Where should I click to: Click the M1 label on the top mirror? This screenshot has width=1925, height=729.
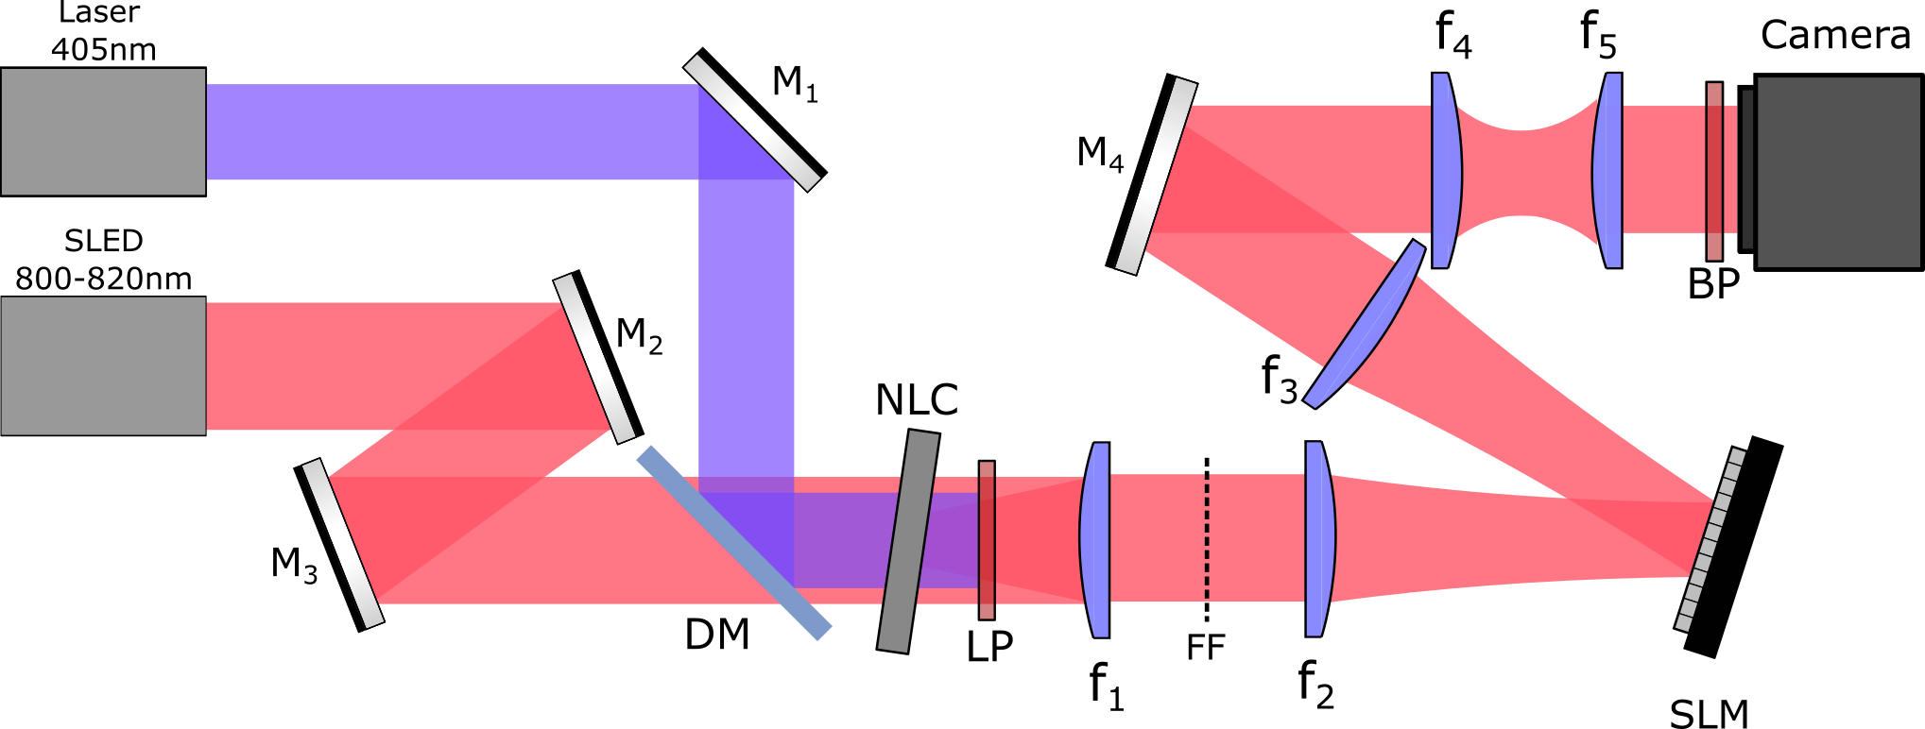794,84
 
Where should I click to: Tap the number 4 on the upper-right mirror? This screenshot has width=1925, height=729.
1116,164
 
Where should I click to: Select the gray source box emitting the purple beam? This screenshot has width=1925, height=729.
103,131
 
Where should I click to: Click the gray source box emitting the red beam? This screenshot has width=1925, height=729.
103,365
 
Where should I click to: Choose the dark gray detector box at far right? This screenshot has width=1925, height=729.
1838,171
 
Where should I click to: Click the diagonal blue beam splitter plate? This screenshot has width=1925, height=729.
733,543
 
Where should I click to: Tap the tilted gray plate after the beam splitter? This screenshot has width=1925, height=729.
908,542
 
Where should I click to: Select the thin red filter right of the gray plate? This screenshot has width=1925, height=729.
987,540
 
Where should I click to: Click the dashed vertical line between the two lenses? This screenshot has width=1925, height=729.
1207,536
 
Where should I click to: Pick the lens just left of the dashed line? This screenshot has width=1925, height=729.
1095,539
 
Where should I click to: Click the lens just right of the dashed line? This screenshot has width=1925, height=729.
1319,538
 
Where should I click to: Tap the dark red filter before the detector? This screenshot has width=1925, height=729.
1714,171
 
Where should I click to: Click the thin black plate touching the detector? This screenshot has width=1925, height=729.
1747,169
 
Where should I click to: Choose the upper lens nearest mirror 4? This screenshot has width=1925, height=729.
1446,170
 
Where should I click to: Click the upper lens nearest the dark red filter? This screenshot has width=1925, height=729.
1607,170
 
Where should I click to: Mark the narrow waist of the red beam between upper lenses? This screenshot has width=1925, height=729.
1523,171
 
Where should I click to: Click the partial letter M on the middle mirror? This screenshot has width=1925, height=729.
627,332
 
